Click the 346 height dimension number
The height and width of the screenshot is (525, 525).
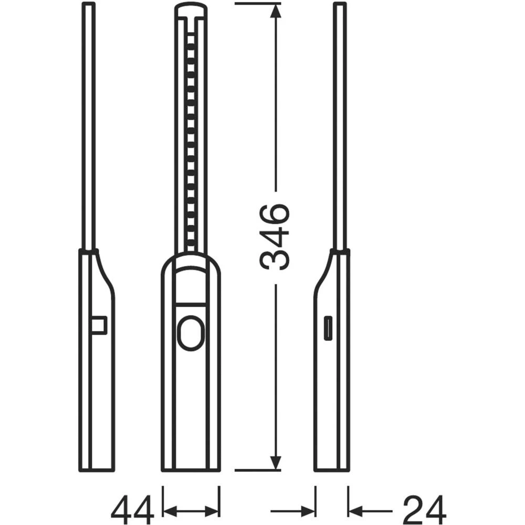tap(275, 236)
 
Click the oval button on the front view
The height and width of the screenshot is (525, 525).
tap(191, 333)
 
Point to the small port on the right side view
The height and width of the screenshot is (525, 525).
tap(328, 329)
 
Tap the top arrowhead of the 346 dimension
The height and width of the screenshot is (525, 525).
tap(275, 10)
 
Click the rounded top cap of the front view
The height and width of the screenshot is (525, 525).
tap(191, 9)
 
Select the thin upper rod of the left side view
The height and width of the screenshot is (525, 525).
tap(89, 126)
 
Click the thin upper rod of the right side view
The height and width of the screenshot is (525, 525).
tap(340, 126)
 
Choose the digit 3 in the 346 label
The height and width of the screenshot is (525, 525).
tap(275, 258)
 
